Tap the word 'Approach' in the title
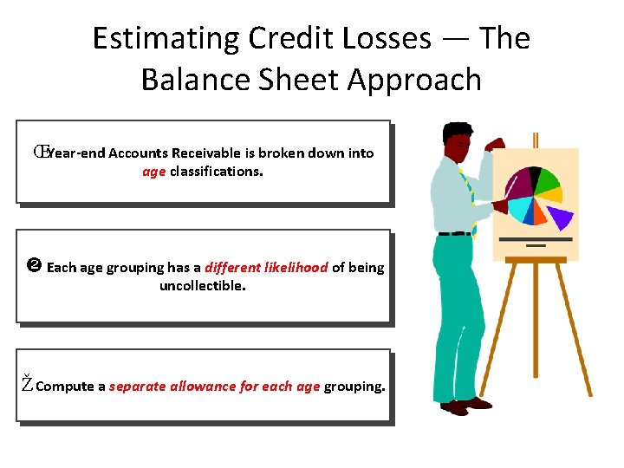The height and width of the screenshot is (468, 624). pos(413,80)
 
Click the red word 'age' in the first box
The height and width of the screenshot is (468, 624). pos(153,171)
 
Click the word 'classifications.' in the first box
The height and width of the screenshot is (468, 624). pos(217,171)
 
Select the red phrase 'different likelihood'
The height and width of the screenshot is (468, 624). pos(266,268)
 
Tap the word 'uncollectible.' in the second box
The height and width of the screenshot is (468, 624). pos(203,285)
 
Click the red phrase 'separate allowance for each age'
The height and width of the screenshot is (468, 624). pos(214,387)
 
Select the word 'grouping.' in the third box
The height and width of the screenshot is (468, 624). pos(354,387)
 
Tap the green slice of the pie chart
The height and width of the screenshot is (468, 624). pos(547,180)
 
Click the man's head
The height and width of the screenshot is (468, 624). pos(458,137)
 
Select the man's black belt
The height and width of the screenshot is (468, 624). pos(455,233)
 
